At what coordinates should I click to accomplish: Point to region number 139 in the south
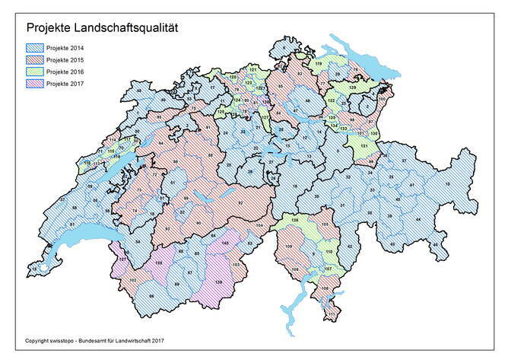coord(219,282)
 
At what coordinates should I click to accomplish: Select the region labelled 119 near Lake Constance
coord(319,64)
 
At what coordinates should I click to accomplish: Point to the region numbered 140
coord(225,243)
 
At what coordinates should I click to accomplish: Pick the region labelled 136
coord(294,221)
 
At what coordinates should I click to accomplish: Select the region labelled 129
coord(352,88)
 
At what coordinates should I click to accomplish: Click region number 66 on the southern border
coord(151,296)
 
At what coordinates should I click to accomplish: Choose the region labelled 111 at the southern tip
coord(331,312)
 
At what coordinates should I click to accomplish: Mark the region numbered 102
coord(133,281)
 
